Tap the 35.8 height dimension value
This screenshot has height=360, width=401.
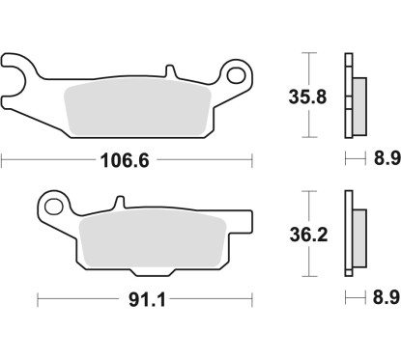tap(308, 97)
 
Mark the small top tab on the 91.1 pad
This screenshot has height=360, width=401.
tap(121, 204)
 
